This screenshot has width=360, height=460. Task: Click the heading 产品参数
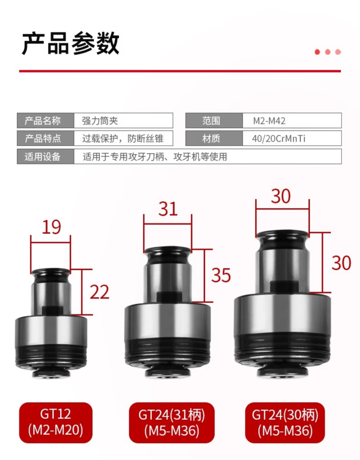[x=71, y=44]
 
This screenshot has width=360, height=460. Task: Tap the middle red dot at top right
[x=327, y=52]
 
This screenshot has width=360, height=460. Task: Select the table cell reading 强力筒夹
[x=123, y=120]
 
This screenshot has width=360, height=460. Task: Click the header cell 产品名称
[x=45, y=120]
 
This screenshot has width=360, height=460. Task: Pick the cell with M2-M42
[x=292, y=120]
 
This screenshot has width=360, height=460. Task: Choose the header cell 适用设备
[x=45, y=156]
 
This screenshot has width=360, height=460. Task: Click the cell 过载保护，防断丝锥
[x=123, y=138]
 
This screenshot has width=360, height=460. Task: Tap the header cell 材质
[x=214, y=138]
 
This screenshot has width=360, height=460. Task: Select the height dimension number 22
[x=99, y=292]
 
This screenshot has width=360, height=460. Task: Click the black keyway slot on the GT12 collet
[x=51, y=310]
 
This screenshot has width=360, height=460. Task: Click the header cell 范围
[x=214, y=120]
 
